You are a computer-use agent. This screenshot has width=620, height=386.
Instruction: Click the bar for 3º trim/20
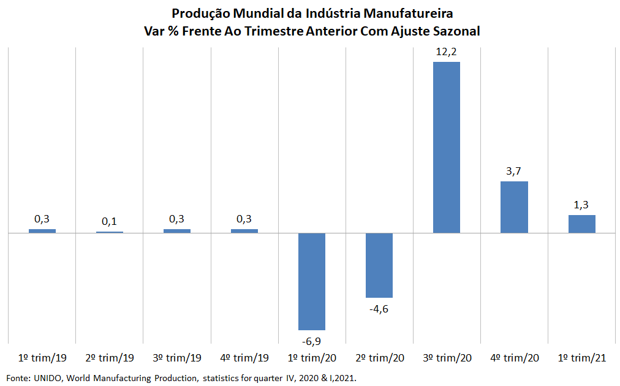pyautogui.click(x=446, y=147)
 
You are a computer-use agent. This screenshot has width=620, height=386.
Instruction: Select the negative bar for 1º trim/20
pyautogui.click(x=311, y=281)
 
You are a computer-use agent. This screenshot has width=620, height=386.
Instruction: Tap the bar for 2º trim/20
pyautogui.click(x=379, y=265)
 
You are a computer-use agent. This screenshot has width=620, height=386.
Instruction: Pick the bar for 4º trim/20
pyautogui.click(x=514, y=207)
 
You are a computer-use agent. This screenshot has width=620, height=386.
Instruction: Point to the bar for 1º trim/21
pyautogui.click(x=581, y=224)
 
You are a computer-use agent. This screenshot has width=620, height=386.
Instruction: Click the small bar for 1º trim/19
pyautogui.click(x=42, y=231)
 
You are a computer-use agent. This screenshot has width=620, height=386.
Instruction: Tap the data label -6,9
pyautogui.click(x=311, y=341)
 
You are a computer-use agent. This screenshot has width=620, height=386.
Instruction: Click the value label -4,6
pyautogui.click(x=379, y=308)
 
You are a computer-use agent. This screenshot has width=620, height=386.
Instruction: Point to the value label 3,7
pyautogui.click(x=514, y=171)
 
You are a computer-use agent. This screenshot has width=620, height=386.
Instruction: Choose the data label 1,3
pyautogui.click(x=581, y=205)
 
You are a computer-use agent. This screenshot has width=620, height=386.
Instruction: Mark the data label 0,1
pyautogui.click(x=110, y=221)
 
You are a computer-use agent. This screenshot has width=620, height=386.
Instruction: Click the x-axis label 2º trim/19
pyautogui.click(x=110, y=358)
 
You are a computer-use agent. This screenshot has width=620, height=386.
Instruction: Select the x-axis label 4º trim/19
pyautogui.click(x=244, y=358)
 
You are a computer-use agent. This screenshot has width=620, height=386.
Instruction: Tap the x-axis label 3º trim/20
pyautogui.click(x=447, y=358)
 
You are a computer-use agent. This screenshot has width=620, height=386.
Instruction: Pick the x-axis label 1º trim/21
pyautogui.click(x=581, y=358)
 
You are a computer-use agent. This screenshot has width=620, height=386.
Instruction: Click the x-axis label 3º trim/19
pyautogui.click(x=177, y=358)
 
